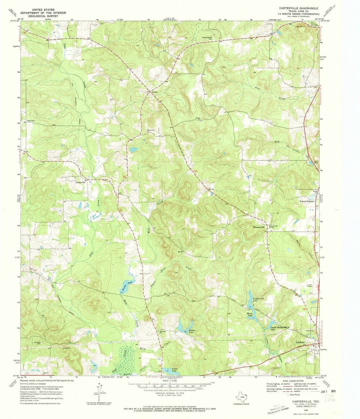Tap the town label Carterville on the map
point(80,182)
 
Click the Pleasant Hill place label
point(258,227)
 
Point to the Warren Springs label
point(306,201)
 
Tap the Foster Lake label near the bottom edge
point(174,370)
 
